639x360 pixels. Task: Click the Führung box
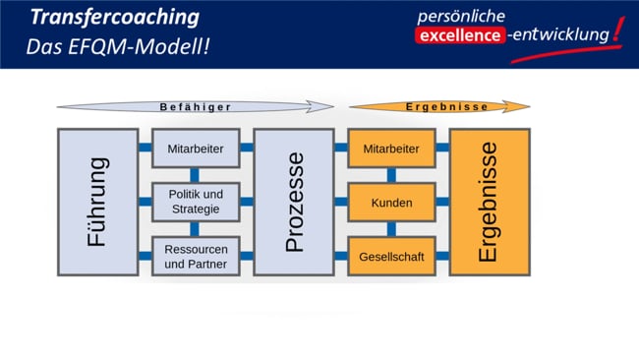pyautogui.click(x=97, y=202)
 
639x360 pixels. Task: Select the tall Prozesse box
pyautogui.click(x=294, y=202)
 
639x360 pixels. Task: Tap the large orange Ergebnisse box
pyautogui.click(x=490, y=202)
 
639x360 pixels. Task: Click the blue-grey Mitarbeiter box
pyautogui.click(x=196, y=149)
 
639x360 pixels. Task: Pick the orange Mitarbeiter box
pyautogui.click(x=391, y=149)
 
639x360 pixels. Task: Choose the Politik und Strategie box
pyautogui.click(x=196, y=202)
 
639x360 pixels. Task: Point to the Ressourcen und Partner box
pyautogui.click(x=196, y=256)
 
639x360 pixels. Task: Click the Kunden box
pyautogui.click(x=391, y=203)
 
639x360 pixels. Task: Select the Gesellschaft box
pyautogui.click(x=391, y=256)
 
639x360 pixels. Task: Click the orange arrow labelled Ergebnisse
pyautogui.click(x=433, y=106)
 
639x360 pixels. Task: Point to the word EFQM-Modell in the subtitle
pyautogui.click(x=157, y=46)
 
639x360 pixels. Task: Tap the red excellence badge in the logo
pyautogui.click(x=460, y=36)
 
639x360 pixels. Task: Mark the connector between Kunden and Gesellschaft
pyautogui.click(x=391, y=229)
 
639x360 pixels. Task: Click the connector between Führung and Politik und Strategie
pyautogui.click(x=145, y=202)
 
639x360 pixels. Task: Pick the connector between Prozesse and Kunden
pyautogui.click(x=341, y=202)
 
